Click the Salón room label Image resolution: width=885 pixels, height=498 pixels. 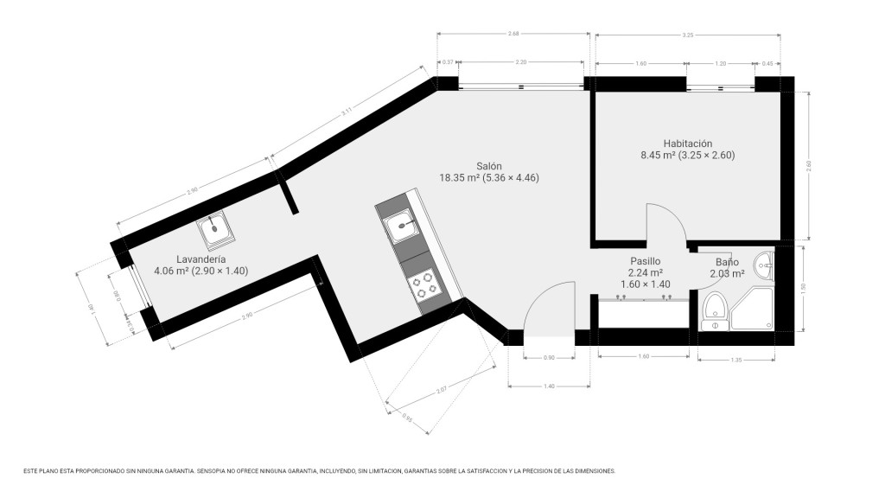[489, 166]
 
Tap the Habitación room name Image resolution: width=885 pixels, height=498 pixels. [687, 144]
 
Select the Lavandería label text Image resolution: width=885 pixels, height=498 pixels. [201, 259]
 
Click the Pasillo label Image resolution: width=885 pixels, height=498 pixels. [645, 260]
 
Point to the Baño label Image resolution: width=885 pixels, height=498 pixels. [727, 263]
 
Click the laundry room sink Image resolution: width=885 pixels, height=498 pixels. [213, 230]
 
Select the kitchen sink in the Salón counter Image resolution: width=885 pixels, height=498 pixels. [402, 228]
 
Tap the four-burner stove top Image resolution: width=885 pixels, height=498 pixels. [423, 285]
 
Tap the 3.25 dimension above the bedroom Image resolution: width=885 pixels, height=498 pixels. [687, 35]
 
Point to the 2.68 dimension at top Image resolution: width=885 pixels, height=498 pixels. [513, 34]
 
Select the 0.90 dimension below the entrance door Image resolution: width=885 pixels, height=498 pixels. [549, 357]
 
